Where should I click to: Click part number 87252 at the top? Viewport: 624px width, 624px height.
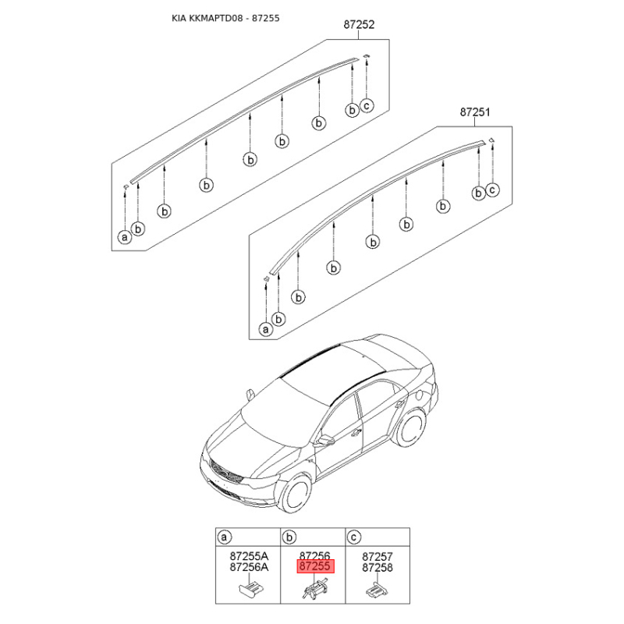(x=360, y=25)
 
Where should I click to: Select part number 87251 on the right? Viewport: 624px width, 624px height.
(x=474, y=112)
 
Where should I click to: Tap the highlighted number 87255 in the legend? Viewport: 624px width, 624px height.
(x=314, y=568)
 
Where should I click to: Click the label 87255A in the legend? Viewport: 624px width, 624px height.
(x=248, y=557)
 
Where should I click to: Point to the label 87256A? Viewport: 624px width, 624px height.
(x=248, y=569)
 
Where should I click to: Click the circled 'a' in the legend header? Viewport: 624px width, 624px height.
(x=225, y=537)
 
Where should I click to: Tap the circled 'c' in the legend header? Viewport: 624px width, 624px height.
(x=354, y=537)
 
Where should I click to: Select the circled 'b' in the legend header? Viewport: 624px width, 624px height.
(x=289, y=537)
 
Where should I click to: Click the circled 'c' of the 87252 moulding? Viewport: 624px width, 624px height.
(x=367, y=105)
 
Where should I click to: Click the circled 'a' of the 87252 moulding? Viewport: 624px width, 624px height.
(x=124, y=236)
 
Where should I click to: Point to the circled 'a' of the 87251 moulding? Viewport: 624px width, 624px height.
(x=265, y=329)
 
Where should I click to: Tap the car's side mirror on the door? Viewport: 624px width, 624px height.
(x=325, y=440)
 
